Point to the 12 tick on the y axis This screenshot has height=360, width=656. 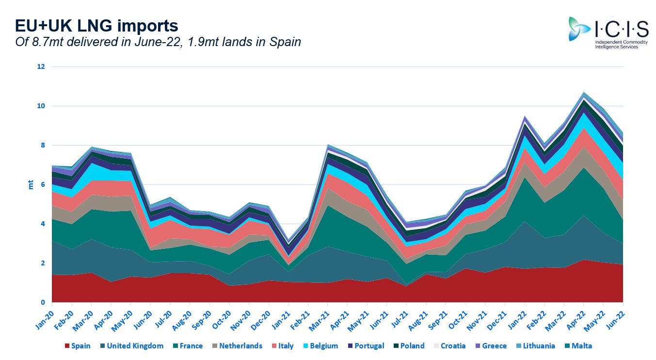pos(41,67)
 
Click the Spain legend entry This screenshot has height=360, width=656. pos(77,346)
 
